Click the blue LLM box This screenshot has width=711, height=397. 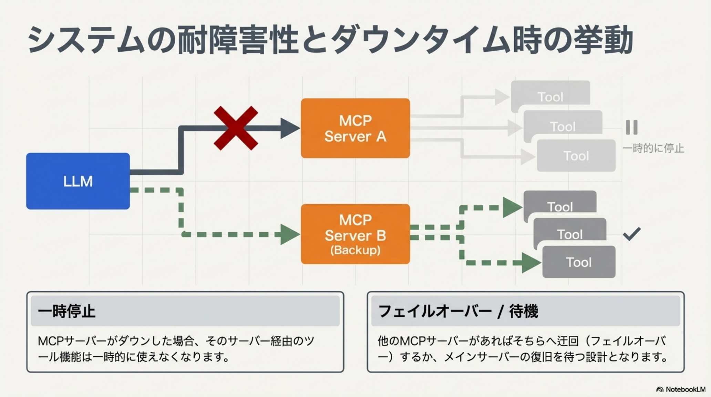click(78, 181)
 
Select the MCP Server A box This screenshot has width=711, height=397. click(355, 128)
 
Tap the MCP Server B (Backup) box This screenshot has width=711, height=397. click(355, 234)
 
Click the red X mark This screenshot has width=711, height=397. click(236, 128)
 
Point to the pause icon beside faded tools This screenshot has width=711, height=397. click(631, 127)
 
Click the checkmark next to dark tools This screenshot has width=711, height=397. click(632, 234)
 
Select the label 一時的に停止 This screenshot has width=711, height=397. click(653, 149)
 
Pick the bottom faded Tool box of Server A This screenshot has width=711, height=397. click(576, 156)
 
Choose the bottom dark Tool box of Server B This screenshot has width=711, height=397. click(579, 262)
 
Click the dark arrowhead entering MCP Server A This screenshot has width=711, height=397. click(289, 128)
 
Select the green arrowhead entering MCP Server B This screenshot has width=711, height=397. click(289, 234)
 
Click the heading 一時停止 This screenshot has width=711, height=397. click(66, 311)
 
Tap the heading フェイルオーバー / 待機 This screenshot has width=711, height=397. click(458, 311)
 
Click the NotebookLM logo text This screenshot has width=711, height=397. click(685, 389)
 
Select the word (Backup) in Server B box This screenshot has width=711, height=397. click(355, 250)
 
